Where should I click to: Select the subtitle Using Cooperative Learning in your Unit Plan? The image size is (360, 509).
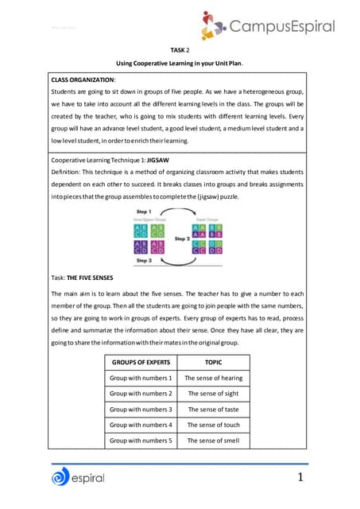[180, 63]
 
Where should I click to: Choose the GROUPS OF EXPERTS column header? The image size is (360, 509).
[141, 361]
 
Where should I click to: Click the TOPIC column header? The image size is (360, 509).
[213, 361]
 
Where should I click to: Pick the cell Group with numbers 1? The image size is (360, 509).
[141, 378]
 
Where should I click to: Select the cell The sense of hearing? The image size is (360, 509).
[213, 378]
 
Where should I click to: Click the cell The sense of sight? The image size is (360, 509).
[213, 394]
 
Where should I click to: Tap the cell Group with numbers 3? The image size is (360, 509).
[141, 410]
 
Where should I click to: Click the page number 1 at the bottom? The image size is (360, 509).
[301, 477]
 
